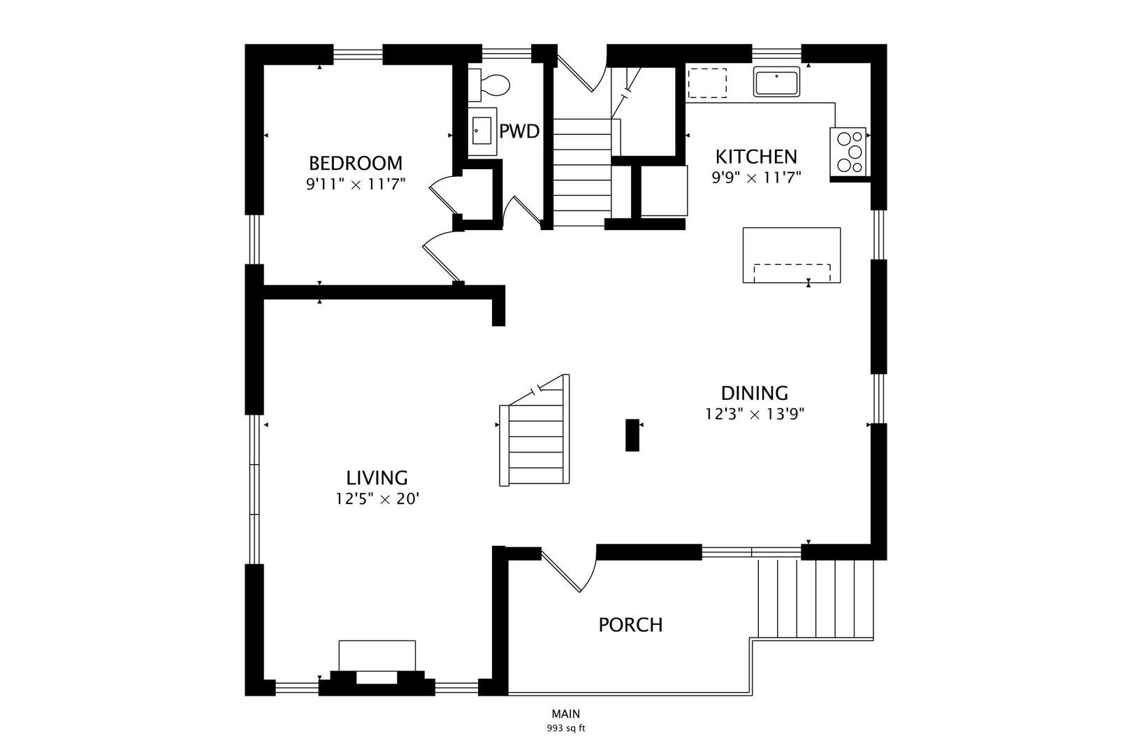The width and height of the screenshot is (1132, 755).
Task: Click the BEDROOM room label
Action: point(355,164)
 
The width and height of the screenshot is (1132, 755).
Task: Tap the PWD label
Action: point(519,131)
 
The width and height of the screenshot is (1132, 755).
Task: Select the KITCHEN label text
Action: point(756,157)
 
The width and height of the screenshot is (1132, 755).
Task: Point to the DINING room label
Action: point(755,393)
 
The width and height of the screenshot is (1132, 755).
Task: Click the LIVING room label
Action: point(377,478)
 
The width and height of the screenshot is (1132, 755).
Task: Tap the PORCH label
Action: point(630,625)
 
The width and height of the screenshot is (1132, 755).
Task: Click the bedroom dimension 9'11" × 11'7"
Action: point(356,184)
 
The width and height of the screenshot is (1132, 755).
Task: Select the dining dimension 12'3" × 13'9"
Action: point(755,414)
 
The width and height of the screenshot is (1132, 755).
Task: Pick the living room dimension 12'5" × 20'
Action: point(377,499)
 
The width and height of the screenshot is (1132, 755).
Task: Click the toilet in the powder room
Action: point(488,85)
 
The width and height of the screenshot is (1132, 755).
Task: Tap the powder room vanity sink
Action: point(482,131)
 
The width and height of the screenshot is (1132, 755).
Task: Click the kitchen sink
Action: point(777,81)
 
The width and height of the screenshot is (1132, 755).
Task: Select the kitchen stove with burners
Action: point(849,152)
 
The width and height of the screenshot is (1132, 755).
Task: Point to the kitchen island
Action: point(792,255)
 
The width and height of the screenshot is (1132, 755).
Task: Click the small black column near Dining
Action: point(632,435)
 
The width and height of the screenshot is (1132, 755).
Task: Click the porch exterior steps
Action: point(815,599)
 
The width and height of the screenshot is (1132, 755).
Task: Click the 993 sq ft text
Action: point(565,728)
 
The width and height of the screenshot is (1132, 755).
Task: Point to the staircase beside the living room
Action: point(534,431)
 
